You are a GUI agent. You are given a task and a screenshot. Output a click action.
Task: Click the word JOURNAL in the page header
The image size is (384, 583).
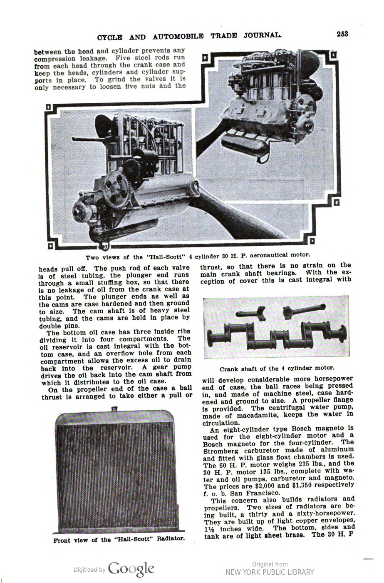[x=258, y=35]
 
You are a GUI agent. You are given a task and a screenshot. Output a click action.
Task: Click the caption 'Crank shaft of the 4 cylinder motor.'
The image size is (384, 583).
[x=277, y=368]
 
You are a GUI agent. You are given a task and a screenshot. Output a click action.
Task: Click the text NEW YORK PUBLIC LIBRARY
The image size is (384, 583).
[x=270, y=573]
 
